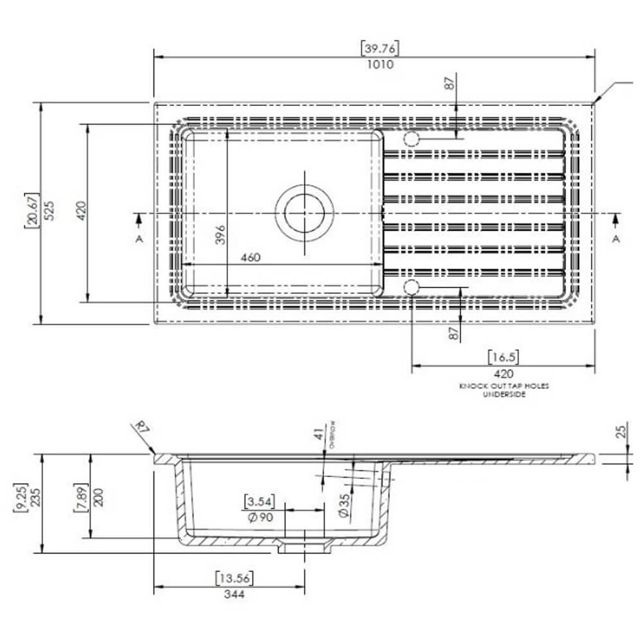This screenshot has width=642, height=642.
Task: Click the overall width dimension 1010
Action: pos(381,64)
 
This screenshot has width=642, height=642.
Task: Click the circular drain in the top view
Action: pos(305,212)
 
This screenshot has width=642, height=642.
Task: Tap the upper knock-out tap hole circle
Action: pos(411,139)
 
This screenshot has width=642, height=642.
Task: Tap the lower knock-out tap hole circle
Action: pos(411,286)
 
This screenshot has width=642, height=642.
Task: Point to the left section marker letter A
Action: pos(139,239)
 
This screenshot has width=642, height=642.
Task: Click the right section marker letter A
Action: pos(616,239)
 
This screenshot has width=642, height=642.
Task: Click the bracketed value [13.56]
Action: pos(234,578)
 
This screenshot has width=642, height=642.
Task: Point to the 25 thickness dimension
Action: pos(621,431)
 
